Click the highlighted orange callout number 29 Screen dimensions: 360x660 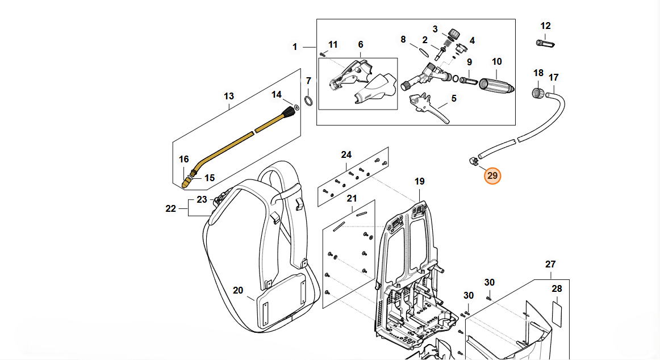pyautogui.click(x=492, y=176)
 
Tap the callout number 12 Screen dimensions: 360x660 pyautogui.click(x=545, y=26)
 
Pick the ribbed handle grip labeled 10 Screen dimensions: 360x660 pyautogui.click(x=496, y=85)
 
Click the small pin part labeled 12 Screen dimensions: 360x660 pyautogui.click(x=545, y=43)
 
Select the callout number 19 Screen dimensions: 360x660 pyautogui.click(x=419, y=182)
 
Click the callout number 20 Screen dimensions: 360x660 pyautogui.click(x=238, y=291)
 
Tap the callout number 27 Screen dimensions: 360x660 pyautogui.click(x=550, y=265)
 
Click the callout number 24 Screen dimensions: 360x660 pyautogui.click(x=346, y=154)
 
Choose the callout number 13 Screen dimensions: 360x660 pyautogui.click(x=229, y=97)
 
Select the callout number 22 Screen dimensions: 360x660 pyautogui.click(x=171, y=208)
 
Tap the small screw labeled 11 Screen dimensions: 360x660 pyautogui.click(x=322, y=54)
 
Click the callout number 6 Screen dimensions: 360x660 pyautogui.click(x=360, y=45)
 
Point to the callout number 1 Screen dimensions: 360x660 pyautogui.click(x=295, y=47)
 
